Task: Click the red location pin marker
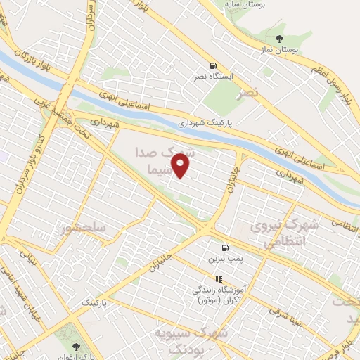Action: pos(181,166)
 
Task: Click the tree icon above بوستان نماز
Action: pos(280,38)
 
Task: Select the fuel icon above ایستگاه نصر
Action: pos(203,65)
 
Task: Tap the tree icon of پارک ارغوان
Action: pos(76,347)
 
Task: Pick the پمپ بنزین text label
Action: pos(224,259)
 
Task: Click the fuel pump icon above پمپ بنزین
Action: pos(224,247)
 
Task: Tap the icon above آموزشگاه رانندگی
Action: pos(218,279)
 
